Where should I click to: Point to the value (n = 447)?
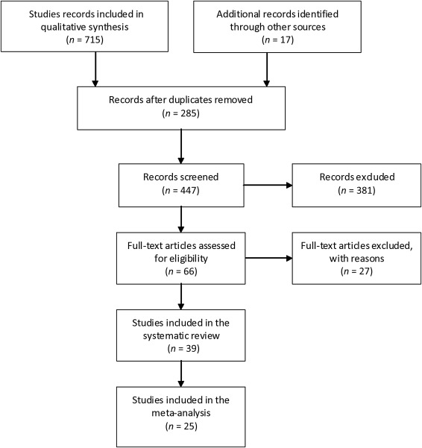pyautogui.click(x=180, y=191)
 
